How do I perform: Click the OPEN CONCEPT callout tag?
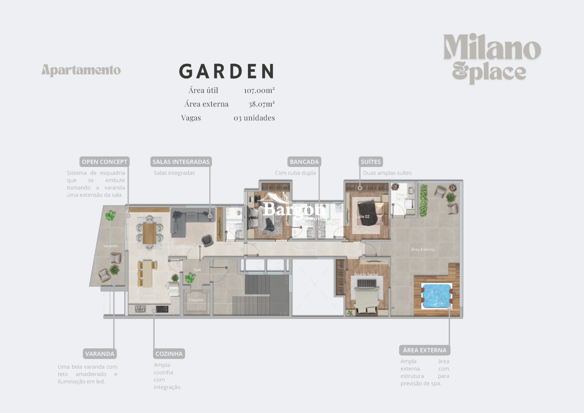click(104, 162)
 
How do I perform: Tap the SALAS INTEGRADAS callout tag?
click(181, 162)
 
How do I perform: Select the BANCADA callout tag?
click(304, 162)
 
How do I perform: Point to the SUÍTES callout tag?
click(370, 162)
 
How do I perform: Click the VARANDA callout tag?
click(100, 354)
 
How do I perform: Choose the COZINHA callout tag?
click(169, 354)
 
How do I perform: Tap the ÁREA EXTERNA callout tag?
click(425, 350)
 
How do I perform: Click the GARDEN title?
click(227, 71)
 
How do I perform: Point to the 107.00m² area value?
click(259, 90)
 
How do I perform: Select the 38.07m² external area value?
click(261, 104)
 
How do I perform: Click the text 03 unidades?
click(254, 118)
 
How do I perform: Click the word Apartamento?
click(81, 70)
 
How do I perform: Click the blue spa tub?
click(436, 295)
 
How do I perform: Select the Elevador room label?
click(196, 300)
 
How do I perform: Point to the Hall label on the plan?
click(197, 270)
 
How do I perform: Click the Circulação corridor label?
click(304, 249)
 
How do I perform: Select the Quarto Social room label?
click(366, 275)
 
